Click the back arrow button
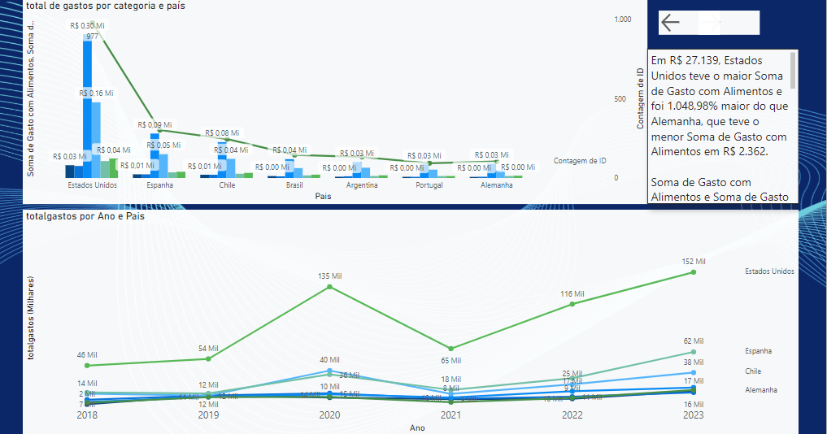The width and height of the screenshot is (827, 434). pyautogui.click(x=670, y=23)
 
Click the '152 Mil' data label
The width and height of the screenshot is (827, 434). pyautogui.click(x=694, y=262)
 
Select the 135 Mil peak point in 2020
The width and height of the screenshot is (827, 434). pyautogui.click(x=329, y=286)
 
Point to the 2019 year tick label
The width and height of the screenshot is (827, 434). pyautogui.click(x=209, y=414)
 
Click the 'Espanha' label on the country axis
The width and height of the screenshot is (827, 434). pyautogui.click(x=159, y=185)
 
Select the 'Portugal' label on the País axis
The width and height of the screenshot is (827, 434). pyautogui.click(x=429, y=185)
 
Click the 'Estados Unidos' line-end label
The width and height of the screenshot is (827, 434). pyautogui.click(x=769, y=271)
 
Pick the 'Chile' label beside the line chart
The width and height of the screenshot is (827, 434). pyautogui.click(x=753, y=371)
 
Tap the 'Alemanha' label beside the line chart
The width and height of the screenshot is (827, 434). pyautogui.click(x=760, y=390)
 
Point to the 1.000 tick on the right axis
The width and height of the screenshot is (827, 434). pyautogui.click(x=622, y=19)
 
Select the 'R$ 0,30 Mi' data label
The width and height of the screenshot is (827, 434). pyautogui.click(x=87, y=26)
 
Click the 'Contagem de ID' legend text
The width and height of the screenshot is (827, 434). pyautogui.click(x=580, y=161)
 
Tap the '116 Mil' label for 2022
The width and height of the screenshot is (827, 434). pyautogui.click(x=572, y=293)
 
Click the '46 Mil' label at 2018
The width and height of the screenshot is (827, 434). pyautogui.click(x=87, y=355)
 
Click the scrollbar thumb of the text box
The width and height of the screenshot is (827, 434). pyautogui.click(x=793, y=70)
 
